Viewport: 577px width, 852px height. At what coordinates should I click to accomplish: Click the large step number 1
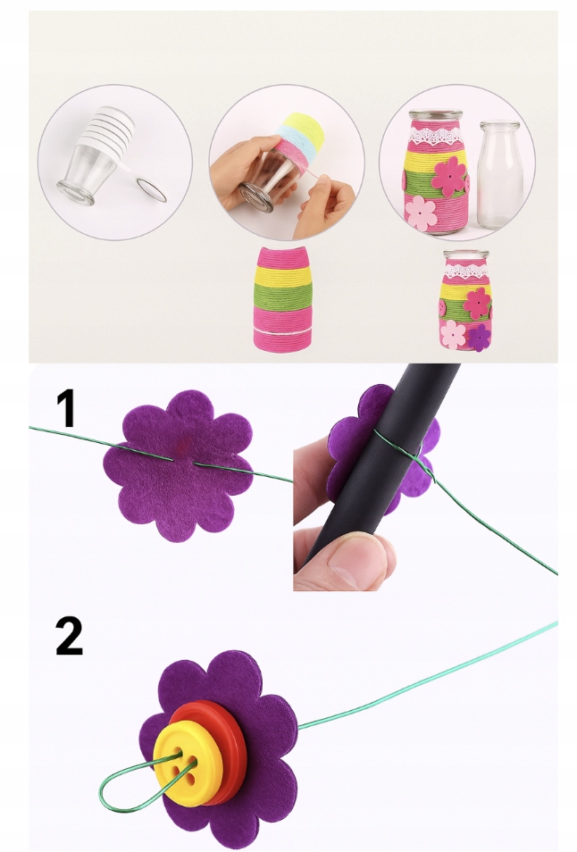tap(66, 408)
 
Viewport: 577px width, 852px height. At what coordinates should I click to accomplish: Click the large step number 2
tap(69, 635)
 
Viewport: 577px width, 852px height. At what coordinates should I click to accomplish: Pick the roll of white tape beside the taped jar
tap(152, 190)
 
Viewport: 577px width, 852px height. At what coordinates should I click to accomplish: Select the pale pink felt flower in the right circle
tap(421, 213)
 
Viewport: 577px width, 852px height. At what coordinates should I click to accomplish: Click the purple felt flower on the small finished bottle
tap(480, 338)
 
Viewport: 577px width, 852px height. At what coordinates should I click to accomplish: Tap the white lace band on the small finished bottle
tap(465, 270)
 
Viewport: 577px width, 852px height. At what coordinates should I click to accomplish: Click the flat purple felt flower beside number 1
tap(178, 465)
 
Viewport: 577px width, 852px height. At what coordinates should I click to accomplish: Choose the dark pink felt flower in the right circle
tap(449, 177)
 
